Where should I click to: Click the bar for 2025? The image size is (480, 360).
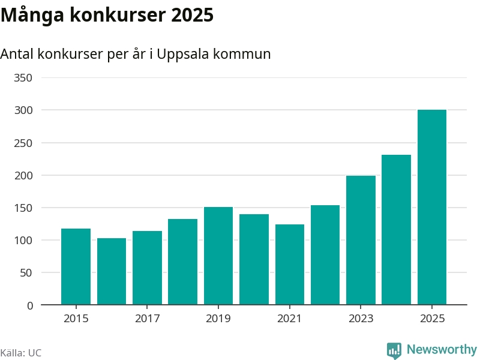(x=432, y=207)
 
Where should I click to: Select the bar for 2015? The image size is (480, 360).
(x=76, y=266)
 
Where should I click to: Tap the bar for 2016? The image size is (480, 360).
(x=112, y=271)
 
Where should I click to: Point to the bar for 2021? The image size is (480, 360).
(x=290, y=265)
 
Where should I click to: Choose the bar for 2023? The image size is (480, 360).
(x=361, y=240)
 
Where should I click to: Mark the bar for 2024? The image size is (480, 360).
(x=396, y=230)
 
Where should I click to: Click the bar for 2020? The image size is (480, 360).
(x=254, y=259)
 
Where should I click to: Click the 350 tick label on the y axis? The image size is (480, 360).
(x=25, y=78)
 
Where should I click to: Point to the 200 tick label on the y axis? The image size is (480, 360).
(x=25, y=176)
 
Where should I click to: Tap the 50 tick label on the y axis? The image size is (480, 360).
(x=28, y=273)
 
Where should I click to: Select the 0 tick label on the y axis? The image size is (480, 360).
(x=30, y=305)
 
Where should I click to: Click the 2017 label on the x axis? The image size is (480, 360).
(x=147, y=319)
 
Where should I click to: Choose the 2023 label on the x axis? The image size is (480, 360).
(x=361, y=319)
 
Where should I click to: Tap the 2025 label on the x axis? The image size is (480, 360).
(x=432, y=319)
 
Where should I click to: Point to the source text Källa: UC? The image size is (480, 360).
(x=21, y=353)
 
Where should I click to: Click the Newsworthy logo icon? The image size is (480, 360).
(x=394, y=350)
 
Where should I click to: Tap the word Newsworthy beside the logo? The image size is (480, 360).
(x=442, y=349)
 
